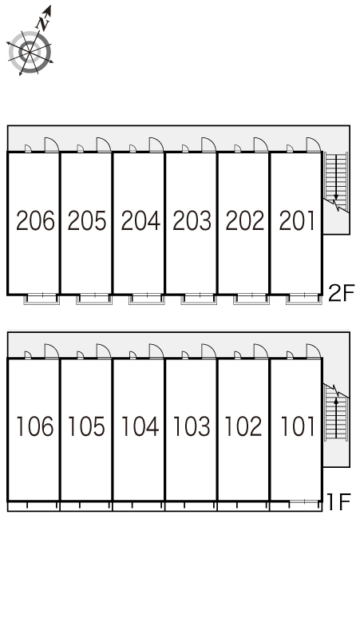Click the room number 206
coord(35,220)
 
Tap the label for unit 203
coord(192,220)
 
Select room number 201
coord(297,220)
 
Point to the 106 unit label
coord(34,426)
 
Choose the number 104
coord(140,426)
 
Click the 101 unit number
coord(298,426)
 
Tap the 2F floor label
coord(341,293)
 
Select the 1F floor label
coord(339,501)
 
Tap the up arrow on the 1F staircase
coord(336,418)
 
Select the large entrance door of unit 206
coord(52,145)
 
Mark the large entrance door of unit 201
coord(314,145)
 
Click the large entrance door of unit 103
coord(208,351)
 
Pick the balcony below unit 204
coord(147,299)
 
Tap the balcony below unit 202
coord(251,299)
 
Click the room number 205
coord(87,220)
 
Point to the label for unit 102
coord(243,426)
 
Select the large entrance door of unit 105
coord(104,351)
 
